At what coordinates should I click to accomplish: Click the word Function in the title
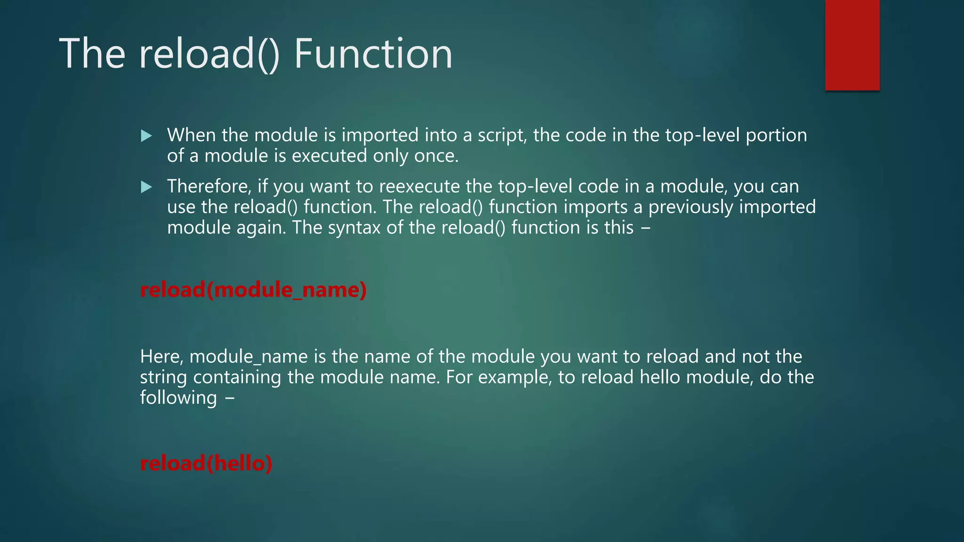click(373, 54)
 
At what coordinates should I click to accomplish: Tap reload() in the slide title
click(209, 54)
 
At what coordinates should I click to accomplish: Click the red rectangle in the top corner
click(852, 45)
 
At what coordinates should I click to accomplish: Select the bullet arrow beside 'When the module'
click(146, 136)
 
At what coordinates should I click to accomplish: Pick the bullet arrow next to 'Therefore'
click(146, 187)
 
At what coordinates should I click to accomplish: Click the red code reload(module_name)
click(253, 290)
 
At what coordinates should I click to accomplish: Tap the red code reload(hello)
click(206, 463)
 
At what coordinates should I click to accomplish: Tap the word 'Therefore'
click(209, 186)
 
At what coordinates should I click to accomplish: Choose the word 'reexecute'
click(419, 187)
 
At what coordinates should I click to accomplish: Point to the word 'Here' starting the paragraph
click(161, 357)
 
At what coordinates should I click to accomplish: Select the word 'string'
click(163, 377)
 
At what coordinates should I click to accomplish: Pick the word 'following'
click(178, 398)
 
